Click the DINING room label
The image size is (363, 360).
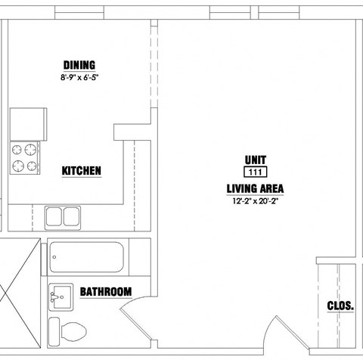coord(79,65)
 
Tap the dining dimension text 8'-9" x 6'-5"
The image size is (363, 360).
coord(79,77)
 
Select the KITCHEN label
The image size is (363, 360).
coord(82,171)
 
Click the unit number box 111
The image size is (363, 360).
coord(256,172)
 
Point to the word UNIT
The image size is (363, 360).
coord(256,160)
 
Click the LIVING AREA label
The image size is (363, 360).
coord(255,188)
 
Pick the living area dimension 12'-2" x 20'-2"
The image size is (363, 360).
coord(255,201)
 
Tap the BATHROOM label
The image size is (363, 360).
coord(106,292)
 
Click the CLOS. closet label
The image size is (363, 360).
coord(340,306)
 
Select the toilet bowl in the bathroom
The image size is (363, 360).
coord(73,331)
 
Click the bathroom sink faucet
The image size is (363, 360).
coord(54,297)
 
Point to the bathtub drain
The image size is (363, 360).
coord(54,257)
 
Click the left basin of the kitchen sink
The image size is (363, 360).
coord(54,217)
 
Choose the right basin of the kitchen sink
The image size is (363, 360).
coord(71,217)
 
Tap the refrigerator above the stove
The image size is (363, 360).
coord(28,124)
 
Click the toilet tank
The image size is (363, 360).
coord(54,331)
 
